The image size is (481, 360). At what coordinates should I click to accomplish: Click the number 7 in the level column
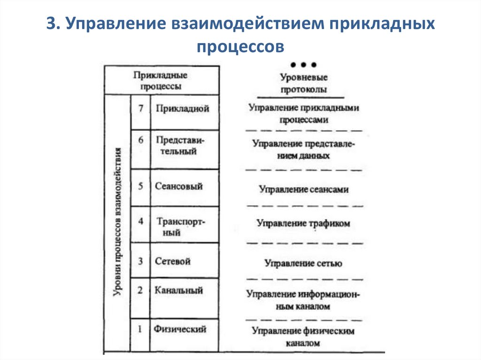tap(140, 108)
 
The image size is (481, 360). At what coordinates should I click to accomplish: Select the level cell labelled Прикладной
tap(182, 108)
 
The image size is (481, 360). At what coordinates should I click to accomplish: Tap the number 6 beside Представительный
tap(140, 140)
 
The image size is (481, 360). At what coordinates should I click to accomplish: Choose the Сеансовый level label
tap(179, 186)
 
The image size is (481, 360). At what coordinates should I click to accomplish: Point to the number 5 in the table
tap(140, 186)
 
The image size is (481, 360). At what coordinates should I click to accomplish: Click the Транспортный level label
tap(181, 227)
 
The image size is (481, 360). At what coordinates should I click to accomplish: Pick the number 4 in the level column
tap(140, 222)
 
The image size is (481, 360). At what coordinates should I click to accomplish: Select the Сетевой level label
tap(173, 261)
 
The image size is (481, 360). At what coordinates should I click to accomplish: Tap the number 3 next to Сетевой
tap(140, 261)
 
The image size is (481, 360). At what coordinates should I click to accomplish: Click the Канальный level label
tap(178, 291)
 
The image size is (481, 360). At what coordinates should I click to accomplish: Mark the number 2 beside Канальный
tap(140, 291)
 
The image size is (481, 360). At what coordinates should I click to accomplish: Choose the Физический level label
tap(180, 329)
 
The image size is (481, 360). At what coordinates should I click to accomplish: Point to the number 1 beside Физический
tap(140, 329)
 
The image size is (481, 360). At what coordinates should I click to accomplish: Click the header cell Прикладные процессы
tap(161, 81)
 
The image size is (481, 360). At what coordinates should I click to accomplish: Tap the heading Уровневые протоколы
tap(304, 84)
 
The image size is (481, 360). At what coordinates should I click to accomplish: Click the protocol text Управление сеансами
tap(304, 189)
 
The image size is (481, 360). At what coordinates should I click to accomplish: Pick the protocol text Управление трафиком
tap(303, 224)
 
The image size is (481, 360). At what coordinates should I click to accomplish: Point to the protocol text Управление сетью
tap(303, 263)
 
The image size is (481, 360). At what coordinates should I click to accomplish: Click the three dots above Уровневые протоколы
tap(304, 65)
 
